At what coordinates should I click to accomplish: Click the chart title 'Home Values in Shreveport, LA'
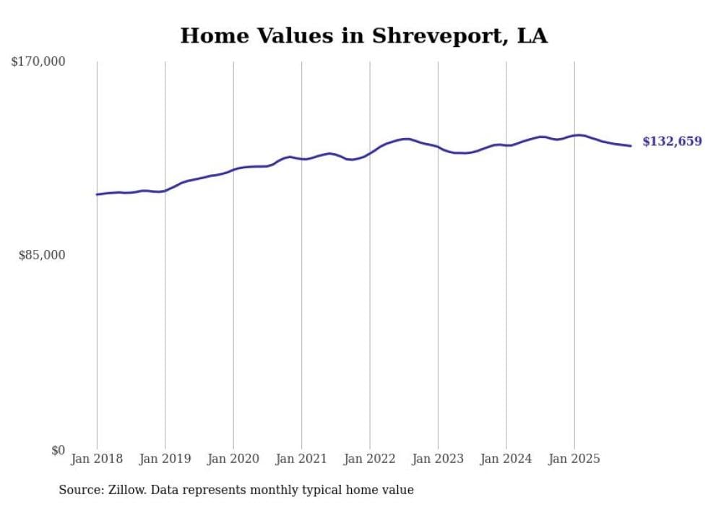363,36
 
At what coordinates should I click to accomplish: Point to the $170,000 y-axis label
38,62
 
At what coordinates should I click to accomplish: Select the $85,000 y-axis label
42,255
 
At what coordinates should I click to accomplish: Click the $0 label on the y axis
58,450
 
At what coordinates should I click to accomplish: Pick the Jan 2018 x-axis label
97,459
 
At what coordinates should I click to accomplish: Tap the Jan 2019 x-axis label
165,459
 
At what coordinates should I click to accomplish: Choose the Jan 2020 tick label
233,459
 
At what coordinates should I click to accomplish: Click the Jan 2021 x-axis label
301,459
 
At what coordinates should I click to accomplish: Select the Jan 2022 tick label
370,459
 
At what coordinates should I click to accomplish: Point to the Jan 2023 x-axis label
438,459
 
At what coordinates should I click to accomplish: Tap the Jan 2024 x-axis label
506,459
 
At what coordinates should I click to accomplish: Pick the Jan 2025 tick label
574,459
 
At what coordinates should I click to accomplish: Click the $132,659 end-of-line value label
672,142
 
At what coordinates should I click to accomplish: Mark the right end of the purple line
631,146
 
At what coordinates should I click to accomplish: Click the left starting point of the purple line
97,194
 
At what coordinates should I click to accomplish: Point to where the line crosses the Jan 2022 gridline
370,152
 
